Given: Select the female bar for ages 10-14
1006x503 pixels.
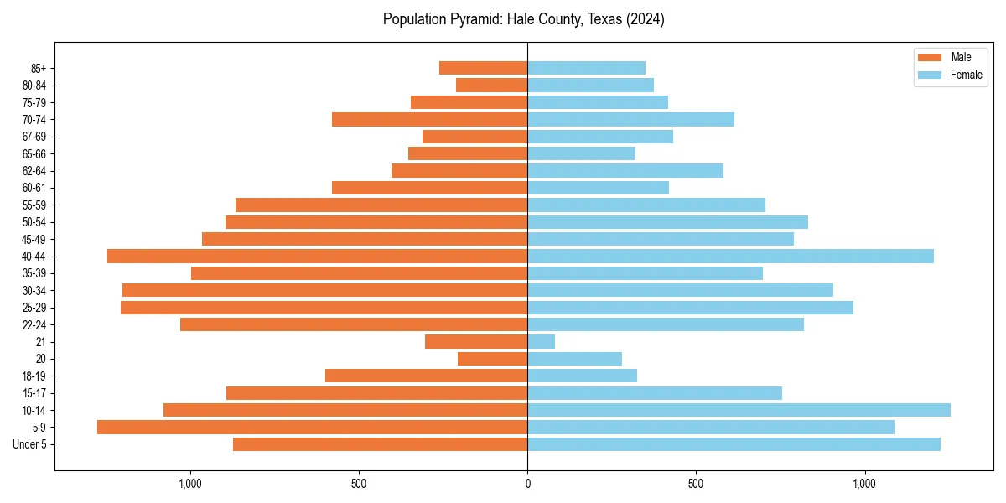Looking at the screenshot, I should tap(739, 410).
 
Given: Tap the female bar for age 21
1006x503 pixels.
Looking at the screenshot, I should tap(541, 341).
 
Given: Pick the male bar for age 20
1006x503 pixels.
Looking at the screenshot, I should tap(492, 359).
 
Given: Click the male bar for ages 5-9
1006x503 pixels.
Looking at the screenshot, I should tap(312, 427).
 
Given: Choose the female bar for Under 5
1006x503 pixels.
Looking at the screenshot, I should tap(734, 444).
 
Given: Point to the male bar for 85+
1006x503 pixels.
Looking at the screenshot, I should tap(483, 68).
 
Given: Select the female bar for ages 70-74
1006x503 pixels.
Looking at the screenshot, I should tap(630, 119).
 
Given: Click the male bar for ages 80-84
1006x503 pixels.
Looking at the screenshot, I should tap(491, 85).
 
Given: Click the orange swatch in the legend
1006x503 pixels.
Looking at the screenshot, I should tap(930, 57).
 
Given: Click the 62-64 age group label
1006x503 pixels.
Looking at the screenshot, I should tap(34, 171).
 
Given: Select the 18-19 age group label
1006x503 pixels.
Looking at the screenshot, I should tap(34, 376).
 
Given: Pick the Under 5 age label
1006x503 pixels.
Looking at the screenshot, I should tap(30, 444).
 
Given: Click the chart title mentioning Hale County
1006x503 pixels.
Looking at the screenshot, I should tap(523, 19).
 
